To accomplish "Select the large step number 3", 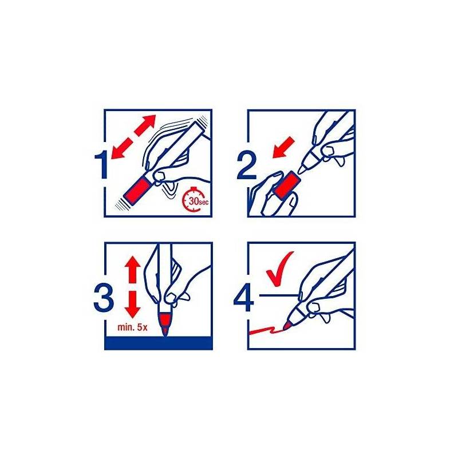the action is coord(104,298).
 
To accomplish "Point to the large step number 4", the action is coord(244,298).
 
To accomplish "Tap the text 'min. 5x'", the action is coord(132,327).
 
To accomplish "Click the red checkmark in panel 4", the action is coord(279,269).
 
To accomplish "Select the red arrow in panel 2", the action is coord(283,147).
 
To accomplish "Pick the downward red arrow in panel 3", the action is coord(133,304).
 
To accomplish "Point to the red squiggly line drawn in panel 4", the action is coord(266,331).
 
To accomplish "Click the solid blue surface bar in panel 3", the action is coord(159,343).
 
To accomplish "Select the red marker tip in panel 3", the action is coord(165,324).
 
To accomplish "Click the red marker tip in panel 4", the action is coord(287,325).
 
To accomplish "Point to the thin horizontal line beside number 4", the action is coord(278,295).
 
